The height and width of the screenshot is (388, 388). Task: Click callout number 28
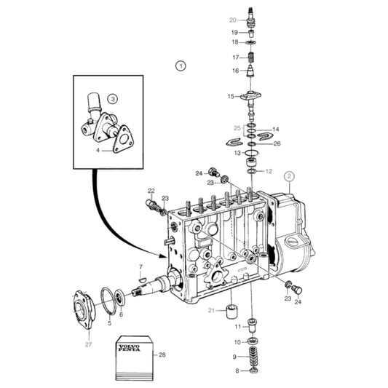pyautogui.click(x=162, y=355)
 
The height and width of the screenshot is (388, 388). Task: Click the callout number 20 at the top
pyautogui.click(x=232, y=20)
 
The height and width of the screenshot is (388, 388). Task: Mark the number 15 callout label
pyautogui.click(x=231, y=96)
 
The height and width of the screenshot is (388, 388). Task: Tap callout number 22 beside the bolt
pyautogui.click(x=151, y=191)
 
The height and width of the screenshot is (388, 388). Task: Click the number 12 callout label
pyautogui.click(x=269, y=171)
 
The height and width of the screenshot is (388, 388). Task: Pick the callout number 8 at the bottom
pyautogui.click(x=237, y=371)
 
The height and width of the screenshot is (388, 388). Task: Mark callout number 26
pyautogui.click(x=277, y=143)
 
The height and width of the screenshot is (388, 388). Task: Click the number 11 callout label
pyautogui.click(x=237, y=327)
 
